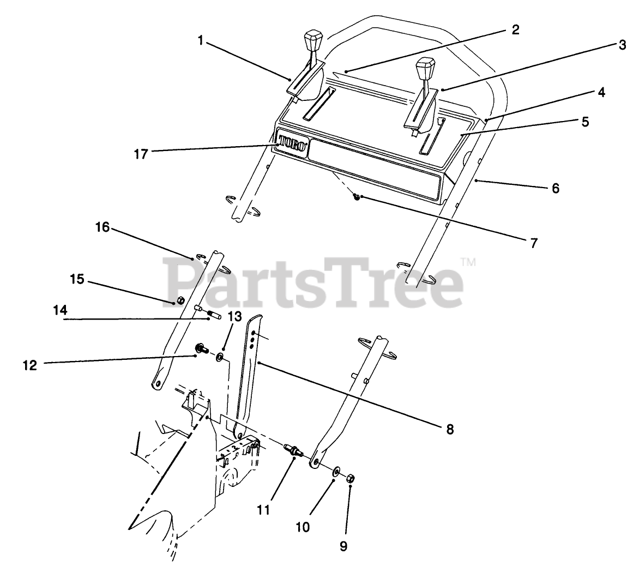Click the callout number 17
click(140, 154)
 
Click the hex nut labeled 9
click(351, 478)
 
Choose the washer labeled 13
click(220, 357)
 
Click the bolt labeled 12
click(200, 347)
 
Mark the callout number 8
click(449, 429)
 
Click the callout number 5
click(585, 122)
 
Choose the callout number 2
click(515, 29)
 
